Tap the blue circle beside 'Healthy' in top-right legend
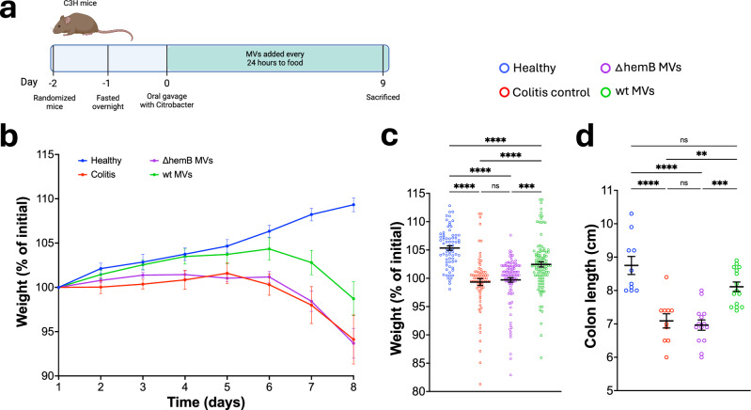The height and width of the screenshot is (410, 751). [x=506, y=68]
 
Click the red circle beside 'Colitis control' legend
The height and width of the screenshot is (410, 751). [x=506, y=91]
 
